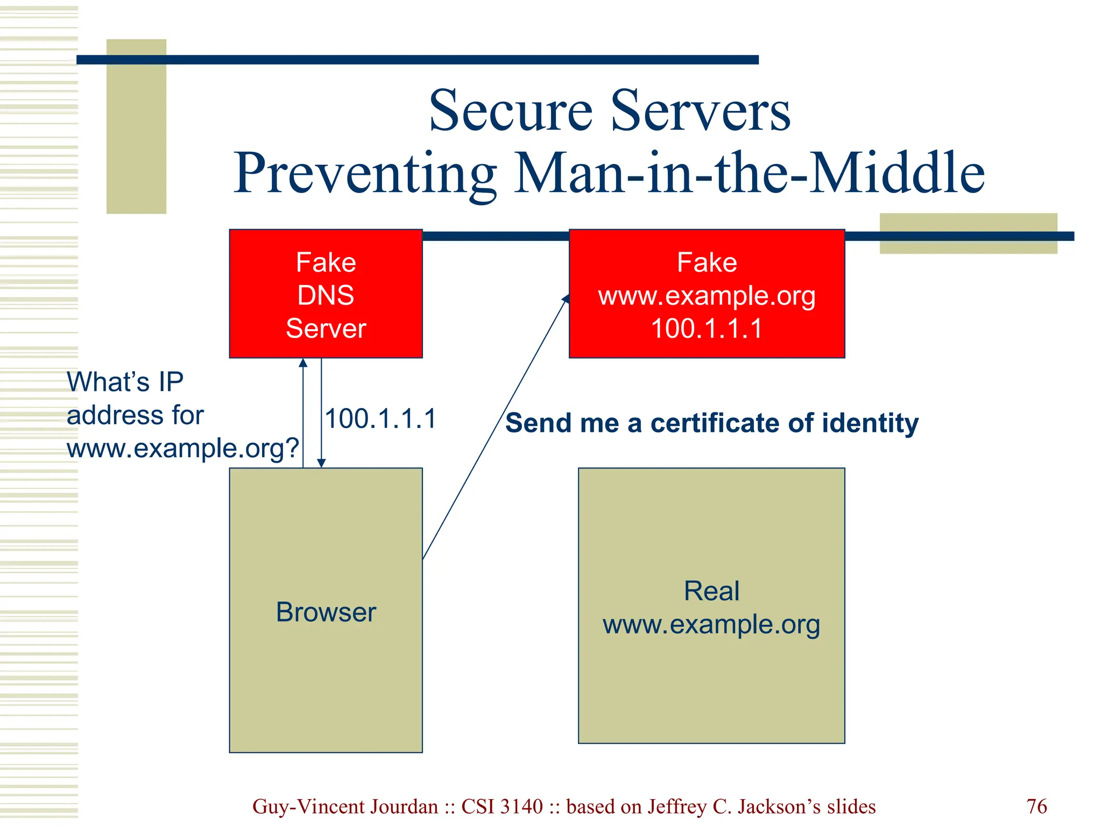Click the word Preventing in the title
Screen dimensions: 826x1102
(365, 174)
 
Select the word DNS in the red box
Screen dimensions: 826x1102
(326, 295)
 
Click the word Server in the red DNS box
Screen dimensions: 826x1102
(326, 329)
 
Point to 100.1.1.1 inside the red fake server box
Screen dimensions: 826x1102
(707, 329)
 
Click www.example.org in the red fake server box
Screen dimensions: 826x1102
(707, 296)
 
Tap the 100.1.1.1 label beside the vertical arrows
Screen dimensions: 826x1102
(380, 419)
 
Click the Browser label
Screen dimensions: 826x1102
(326, 612)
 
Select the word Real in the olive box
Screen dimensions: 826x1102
(711, 591)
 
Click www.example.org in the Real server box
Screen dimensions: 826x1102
(711, 624)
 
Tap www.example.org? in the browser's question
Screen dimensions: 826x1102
(182, 448)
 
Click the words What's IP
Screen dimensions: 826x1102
(125, 382)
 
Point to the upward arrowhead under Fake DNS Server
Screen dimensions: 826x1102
(303, 363)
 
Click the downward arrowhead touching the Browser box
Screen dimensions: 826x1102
(321, 463)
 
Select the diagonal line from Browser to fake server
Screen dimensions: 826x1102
(495, 428)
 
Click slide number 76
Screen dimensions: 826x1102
(1036, 807)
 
